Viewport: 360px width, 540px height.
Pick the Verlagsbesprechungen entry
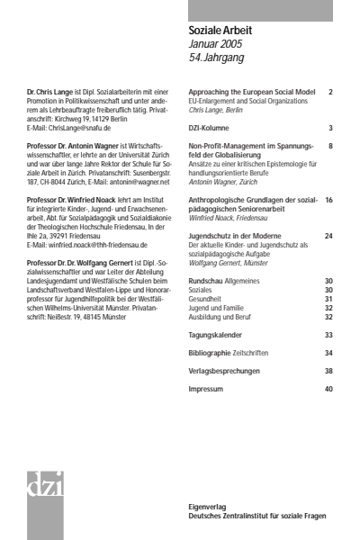[x=225, y=371]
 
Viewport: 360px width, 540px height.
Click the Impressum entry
[x=206, y=389]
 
